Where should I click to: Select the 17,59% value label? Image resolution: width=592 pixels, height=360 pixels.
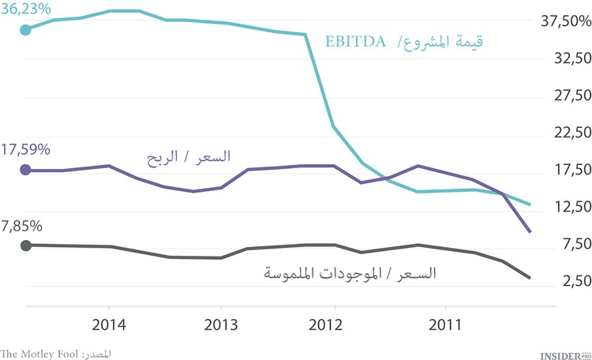pos(26,149)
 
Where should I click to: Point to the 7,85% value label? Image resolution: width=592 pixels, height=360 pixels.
pos(22,226)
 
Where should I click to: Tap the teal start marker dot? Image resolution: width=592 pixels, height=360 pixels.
pos(25,30)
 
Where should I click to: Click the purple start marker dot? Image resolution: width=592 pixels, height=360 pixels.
pos(25,170)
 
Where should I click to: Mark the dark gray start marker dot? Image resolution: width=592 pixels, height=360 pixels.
pos(25,246)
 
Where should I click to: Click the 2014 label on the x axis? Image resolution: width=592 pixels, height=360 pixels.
pos(108,324)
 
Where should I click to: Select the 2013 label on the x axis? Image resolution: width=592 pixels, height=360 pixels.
pos(220,324)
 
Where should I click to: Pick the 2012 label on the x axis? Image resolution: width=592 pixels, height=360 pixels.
pos(333,324)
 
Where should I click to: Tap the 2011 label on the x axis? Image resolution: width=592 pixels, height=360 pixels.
pos(445,324)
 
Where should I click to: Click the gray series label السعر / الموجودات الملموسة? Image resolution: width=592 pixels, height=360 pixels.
pos(349,274)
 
